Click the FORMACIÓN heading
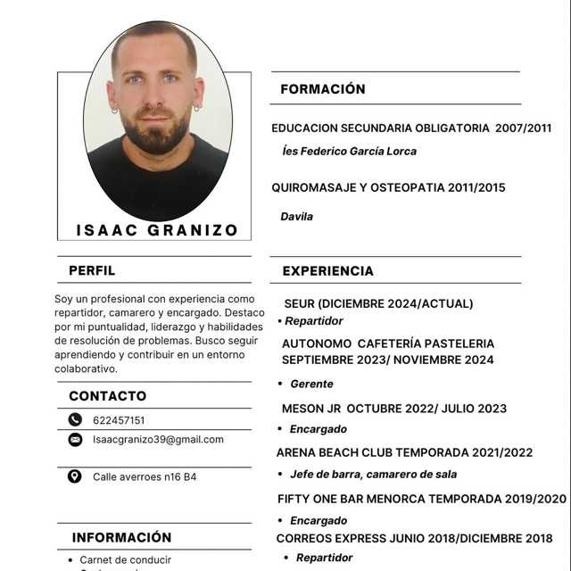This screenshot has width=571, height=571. coord(322,89)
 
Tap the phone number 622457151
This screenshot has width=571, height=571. coord(119,420)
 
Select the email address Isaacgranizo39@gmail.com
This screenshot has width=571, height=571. coord(158,440)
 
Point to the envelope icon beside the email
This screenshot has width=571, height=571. coord(75,440)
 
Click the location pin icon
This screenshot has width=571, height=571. coord(75,476)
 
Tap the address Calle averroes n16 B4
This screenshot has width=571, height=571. coord(145,477)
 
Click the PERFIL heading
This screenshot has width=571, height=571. coord(92,270)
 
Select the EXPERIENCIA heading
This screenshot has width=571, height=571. coord(327,270)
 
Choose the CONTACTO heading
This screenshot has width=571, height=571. coord(107,395)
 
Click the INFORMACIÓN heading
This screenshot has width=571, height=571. coord(121,537)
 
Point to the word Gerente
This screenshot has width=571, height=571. coord(311,384)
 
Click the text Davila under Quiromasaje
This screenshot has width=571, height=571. coord(297,216)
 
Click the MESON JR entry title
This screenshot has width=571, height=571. coord(312,409)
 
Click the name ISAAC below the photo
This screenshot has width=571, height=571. coord(103,230)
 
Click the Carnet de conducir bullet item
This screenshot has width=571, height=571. coord(125,560)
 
